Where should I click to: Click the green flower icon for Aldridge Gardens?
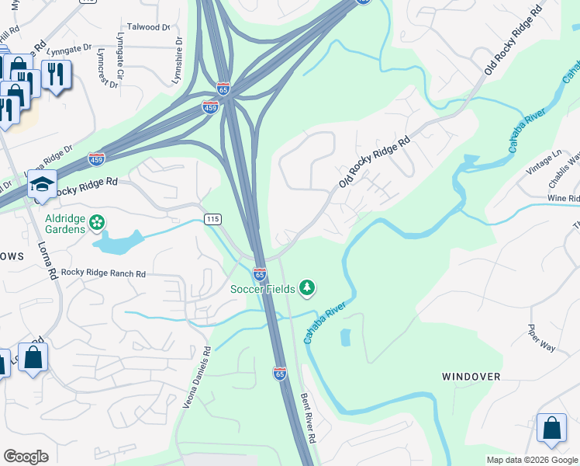coord(96,223)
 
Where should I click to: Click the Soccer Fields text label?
coord(262,289)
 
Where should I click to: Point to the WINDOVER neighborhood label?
coord(471,376)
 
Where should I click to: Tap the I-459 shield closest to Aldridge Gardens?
coord(97,158)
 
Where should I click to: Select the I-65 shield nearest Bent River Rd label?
coord(280,374)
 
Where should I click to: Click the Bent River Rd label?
coord(309,418)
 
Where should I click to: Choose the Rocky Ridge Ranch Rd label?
coord(104,273)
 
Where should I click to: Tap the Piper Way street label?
coord(541,338)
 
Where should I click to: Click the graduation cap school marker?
coord(41,184)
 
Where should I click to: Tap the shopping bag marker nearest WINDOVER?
coord(551,428)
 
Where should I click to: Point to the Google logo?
coord(26,457)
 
